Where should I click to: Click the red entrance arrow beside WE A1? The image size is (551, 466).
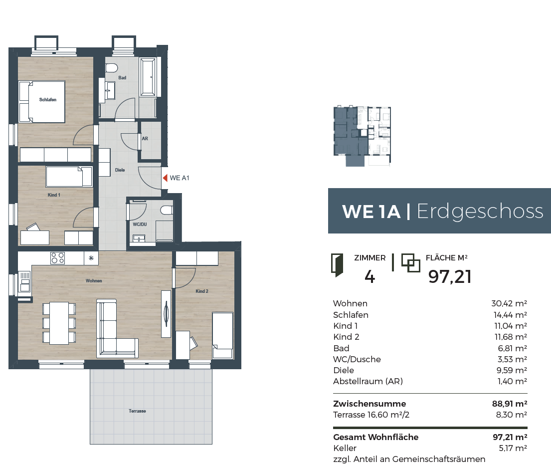point(165,178)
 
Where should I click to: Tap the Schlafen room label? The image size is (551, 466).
point(48,100)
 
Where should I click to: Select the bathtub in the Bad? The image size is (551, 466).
point(148,77)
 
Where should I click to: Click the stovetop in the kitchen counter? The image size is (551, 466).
point(57,258)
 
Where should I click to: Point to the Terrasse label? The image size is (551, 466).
point(137,411)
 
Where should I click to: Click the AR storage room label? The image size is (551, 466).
point(145,139)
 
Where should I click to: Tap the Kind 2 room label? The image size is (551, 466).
point(202,291)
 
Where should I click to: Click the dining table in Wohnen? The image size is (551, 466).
point(59,323)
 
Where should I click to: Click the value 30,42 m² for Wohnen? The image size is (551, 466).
point(509,304)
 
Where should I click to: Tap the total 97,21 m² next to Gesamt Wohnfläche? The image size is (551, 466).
point(510,438)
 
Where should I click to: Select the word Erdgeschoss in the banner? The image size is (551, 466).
point(480,212)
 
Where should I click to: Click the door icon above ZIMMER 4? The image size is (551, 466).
point(337,265)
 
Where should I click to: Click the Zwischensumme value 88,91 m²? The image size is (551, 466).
point(510,404)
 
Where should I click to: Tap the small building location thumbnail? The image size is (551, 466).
point(362,136)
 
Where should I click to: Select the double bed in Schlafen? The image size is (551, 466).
point(42,102)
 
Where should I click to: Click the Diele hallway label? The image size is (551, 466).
point(120,170)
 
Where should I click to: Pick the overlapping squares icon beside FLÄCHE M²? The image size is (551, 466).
point(410,263)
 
